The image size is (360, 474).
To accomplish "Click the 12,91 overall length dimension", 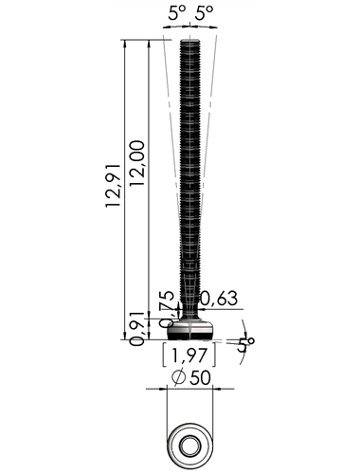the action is point(113,186).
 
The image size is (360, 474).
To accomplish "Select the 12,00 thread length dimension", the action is point(137,163).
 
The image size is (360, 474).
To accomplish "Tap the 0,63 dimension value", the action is point(219,299).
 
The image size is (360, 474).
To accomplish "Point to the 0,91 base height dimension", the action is point(137,329).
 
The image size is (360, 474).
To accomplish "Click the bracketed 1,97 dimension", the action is point(189,355).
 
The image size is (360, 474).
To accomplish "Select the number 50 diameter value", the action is point(200,377).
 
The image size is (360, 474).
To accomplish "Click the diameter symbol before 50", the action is point(178,377).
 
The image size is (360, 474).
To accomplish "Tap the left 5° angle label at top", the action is point(177,13).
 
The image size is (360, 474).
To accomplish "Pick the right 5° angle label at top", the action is point(204,13).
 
